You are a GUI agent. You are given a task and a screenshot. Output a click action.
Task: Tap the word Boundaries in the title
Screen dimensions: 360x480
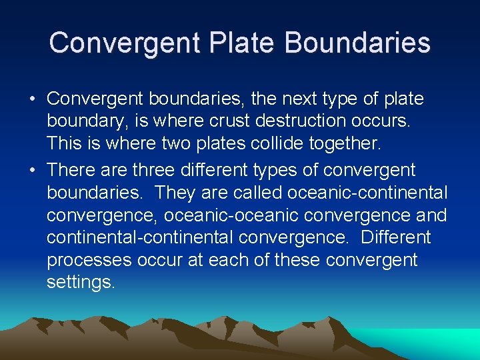pyautogui.click(x=357, y=43)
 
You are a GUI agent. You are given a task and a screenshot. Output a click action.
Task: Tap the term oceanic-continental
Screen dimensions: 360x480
pyautogui.click(x=368, y=193)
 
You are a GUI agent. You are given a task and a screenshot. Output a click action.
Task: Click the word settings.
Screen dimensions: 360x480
pyautogui.click(x=81, y=283)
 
